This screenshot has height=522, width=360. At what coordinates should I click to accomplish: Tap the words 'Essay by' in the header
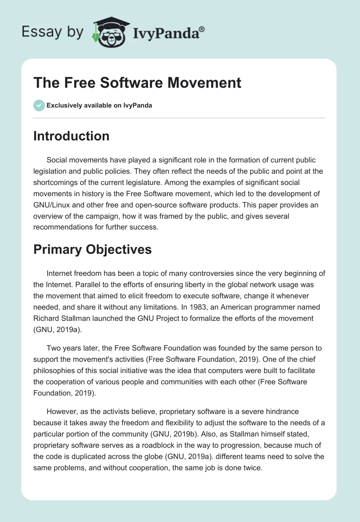(52, 32)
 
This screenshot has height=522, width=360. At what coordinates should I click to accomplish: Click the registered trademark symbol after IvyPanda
(202, 29)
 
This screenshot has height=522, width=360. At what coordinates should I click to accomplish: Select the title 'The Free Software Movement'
(137, 83)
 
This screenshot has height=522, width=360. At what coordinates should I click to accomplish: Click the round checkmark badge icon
(39, 105)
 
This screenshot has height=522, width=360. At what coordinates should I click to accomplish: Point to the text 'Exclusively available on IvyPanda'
(99, 106)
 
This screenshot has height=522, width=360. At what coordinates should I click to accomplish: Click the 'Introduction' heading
(71, 136)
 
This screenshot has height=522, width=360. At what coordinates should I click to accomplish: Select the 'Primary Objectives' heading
(92, 249)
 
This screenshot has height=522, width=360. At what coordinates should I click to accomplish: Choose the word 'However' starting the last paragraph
(60, 411)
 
